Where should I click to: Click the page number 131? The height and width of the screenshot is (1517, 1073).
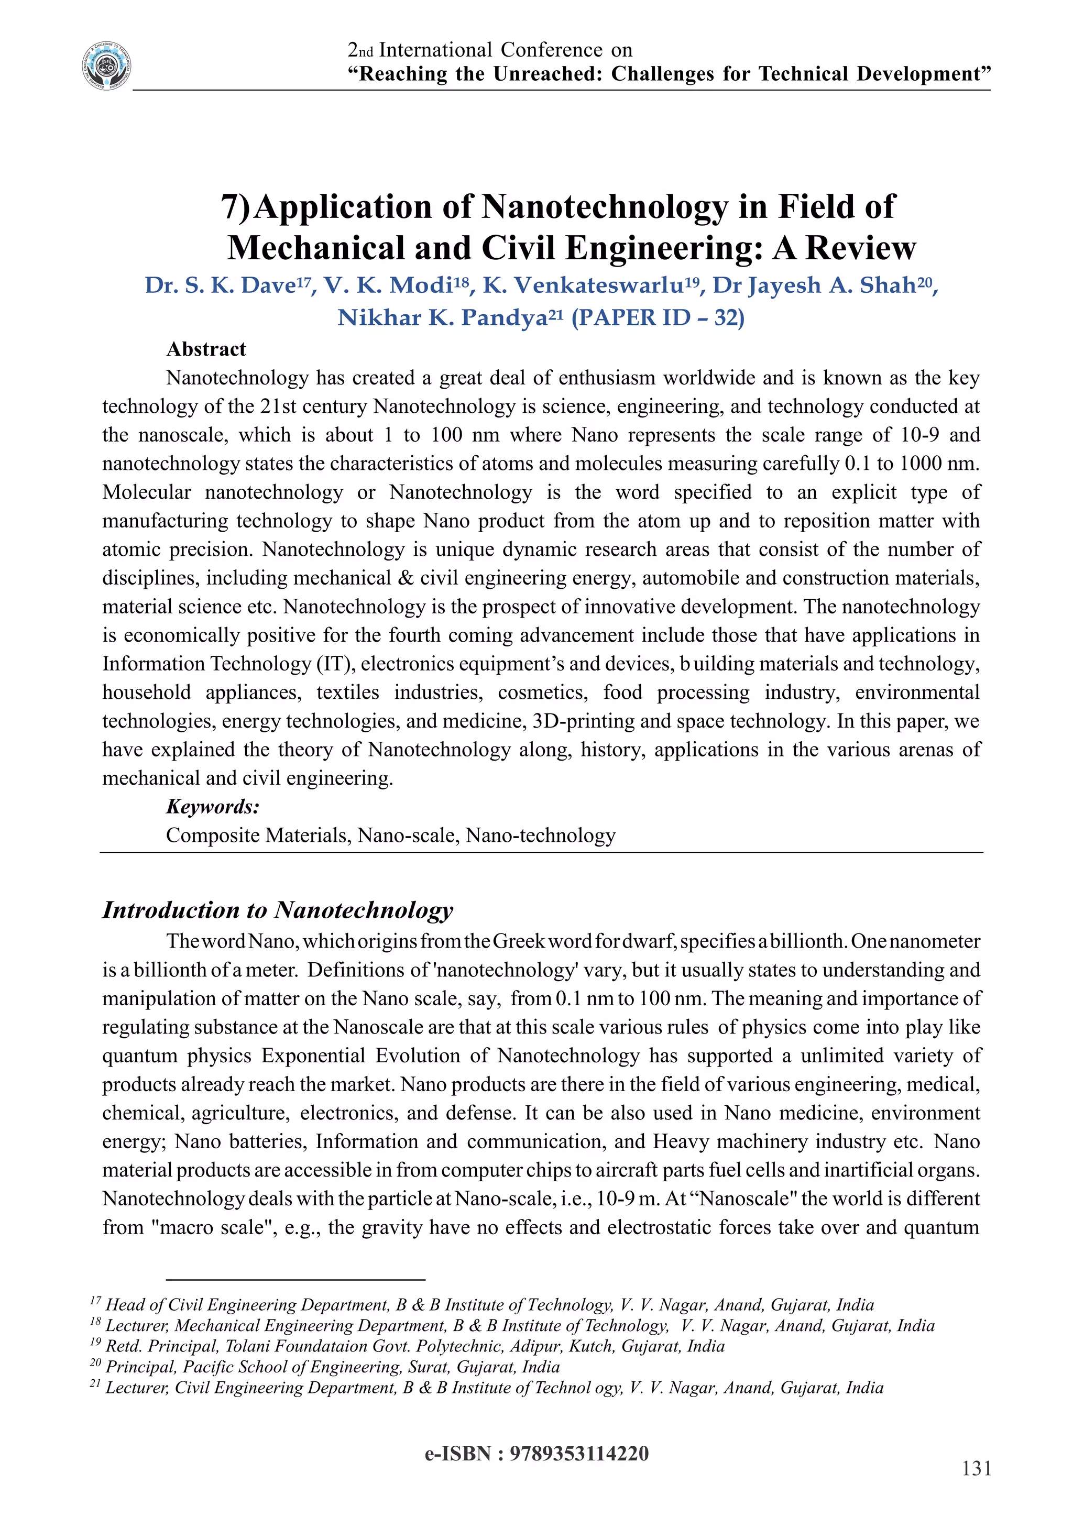pos(976,1468)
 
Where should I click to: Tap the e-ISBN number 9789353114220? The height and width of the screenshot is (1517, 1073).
pos(579,1454)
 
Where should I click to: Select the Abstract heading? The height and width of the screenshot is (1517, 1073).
pos(205,349)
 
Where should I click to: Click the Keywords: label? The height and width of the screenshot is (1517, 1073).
pos(212,807)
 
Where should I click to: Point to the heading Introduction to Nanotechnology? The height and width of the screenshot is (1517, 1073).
pos(278,910)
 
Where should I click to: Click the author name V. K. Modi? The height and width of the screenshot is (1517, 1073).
pos(387,285)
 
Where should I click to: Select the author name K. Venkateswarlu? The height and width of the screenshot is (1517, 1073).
pos(583,285)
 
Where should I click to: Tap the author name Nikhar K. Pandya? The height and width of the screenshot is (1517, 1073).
pos(442,318)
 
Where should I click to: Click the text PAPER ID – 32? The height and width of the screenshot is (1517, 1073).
pos(658,318)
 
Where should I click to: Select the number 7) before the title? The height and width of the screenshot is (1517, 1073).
pos(235,207)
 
